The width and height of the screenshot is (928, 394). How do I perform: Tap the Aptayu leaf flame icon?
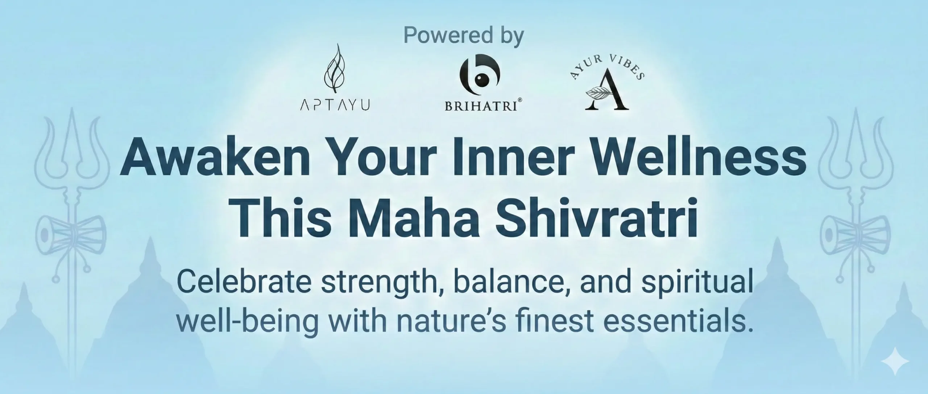coord(334,70)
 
